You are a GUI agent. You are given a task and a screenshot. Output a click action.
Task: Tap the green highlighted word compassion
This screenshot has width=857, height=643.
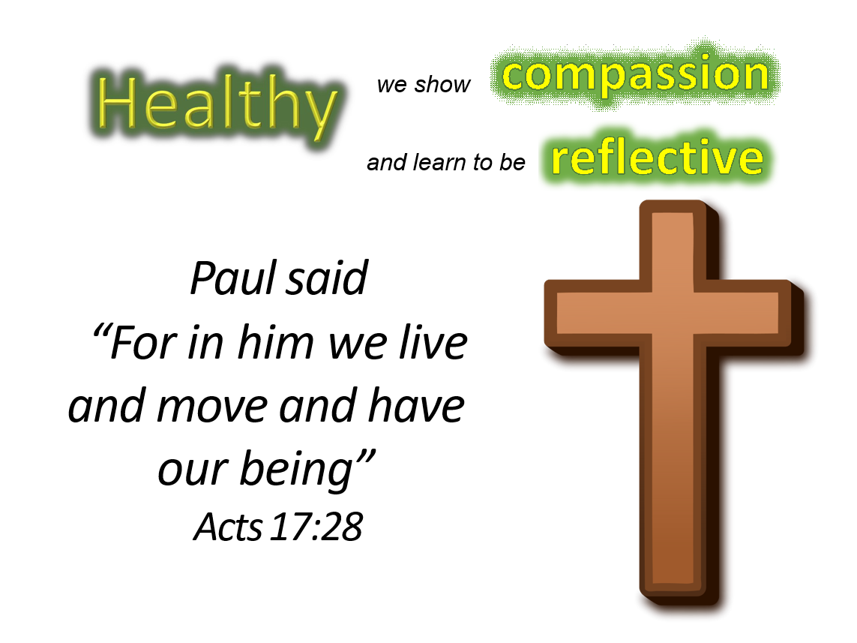[635, 76]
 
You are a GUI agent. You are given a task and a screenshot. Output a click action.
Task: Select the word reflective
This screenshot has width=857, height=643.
[658, 157]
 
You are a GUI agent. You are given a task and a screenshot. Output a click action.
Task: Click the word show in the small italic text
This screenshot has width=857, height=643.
[442, 85]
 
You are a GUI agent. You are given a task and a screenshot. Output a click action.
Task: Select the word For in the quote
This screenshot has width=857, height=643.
[144, 343]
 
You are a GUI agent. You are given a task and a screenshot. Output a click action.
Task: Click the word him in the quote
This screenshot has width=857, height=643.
[276, 343]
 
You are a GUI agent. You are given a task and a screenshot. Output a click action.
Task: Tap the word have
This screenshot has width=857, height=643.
[416, 405]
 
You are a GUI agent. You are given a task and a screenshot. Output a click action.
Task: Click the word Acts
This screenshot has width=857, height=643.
[228, 527]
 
